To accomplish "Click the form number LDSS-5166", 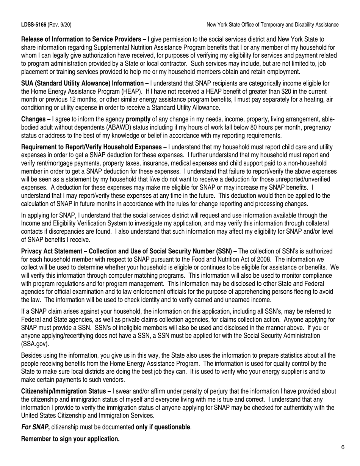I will pos(34,25).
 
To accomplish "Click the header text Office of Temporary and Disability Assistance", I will pos(293,25).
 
